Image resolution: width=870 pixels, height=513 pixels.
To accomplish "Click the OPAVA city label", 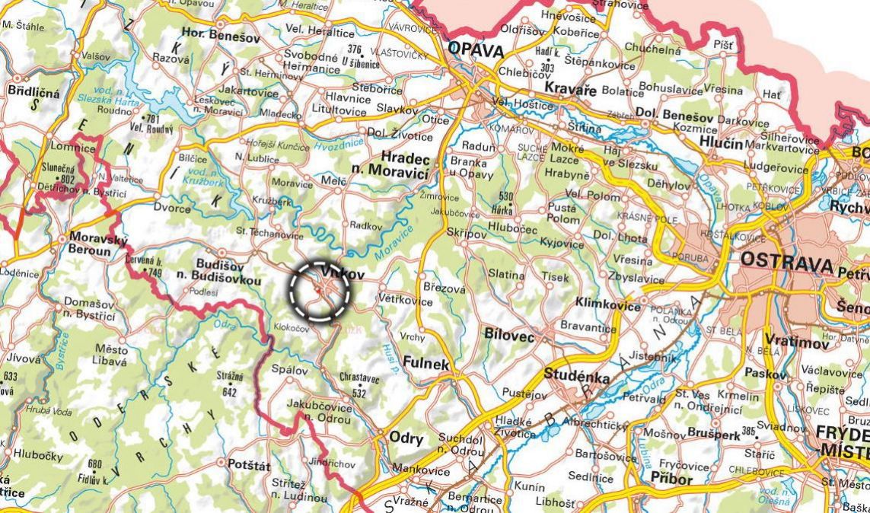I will (x=476, y=50).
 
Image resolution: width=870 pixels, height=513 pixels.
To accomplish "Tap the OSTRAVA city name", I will (x=786, y=263).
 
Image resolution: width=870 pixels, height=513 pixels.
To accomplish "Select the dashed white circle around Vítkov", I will (x=320, y=290).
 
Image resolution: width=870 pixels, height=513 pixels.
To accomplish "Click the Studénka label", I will (x=576, y=374).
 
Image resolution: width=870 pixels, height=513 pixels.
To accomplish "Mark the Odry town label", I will (x=406, y=438).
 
